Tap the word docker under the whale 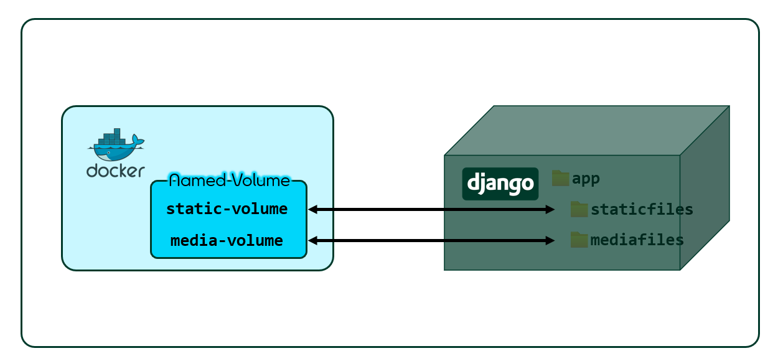coord(116,170)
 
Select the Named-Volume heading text coord(229,180)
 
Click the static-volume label coord(227,209)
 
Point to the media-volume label coord(227,240)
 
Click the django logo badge coord(500,184)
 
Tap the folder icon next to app coord(561,179)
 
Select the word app coord(586,179)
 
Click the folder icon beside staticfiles coord(579,209)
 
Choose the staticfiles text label coord(642,210)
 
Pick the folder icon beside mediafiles coord(579,240)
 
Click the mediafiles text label coord(637,240)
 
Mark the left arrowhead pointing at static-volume coord(313,210)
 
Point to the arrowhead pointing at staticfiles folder coord(550,210)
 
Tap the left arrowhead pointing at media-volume coord(313,240)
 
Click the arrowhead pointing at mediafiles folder coord(550,240)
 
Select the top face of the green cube coord(585,130)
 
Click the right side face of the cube coord(705,187)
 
